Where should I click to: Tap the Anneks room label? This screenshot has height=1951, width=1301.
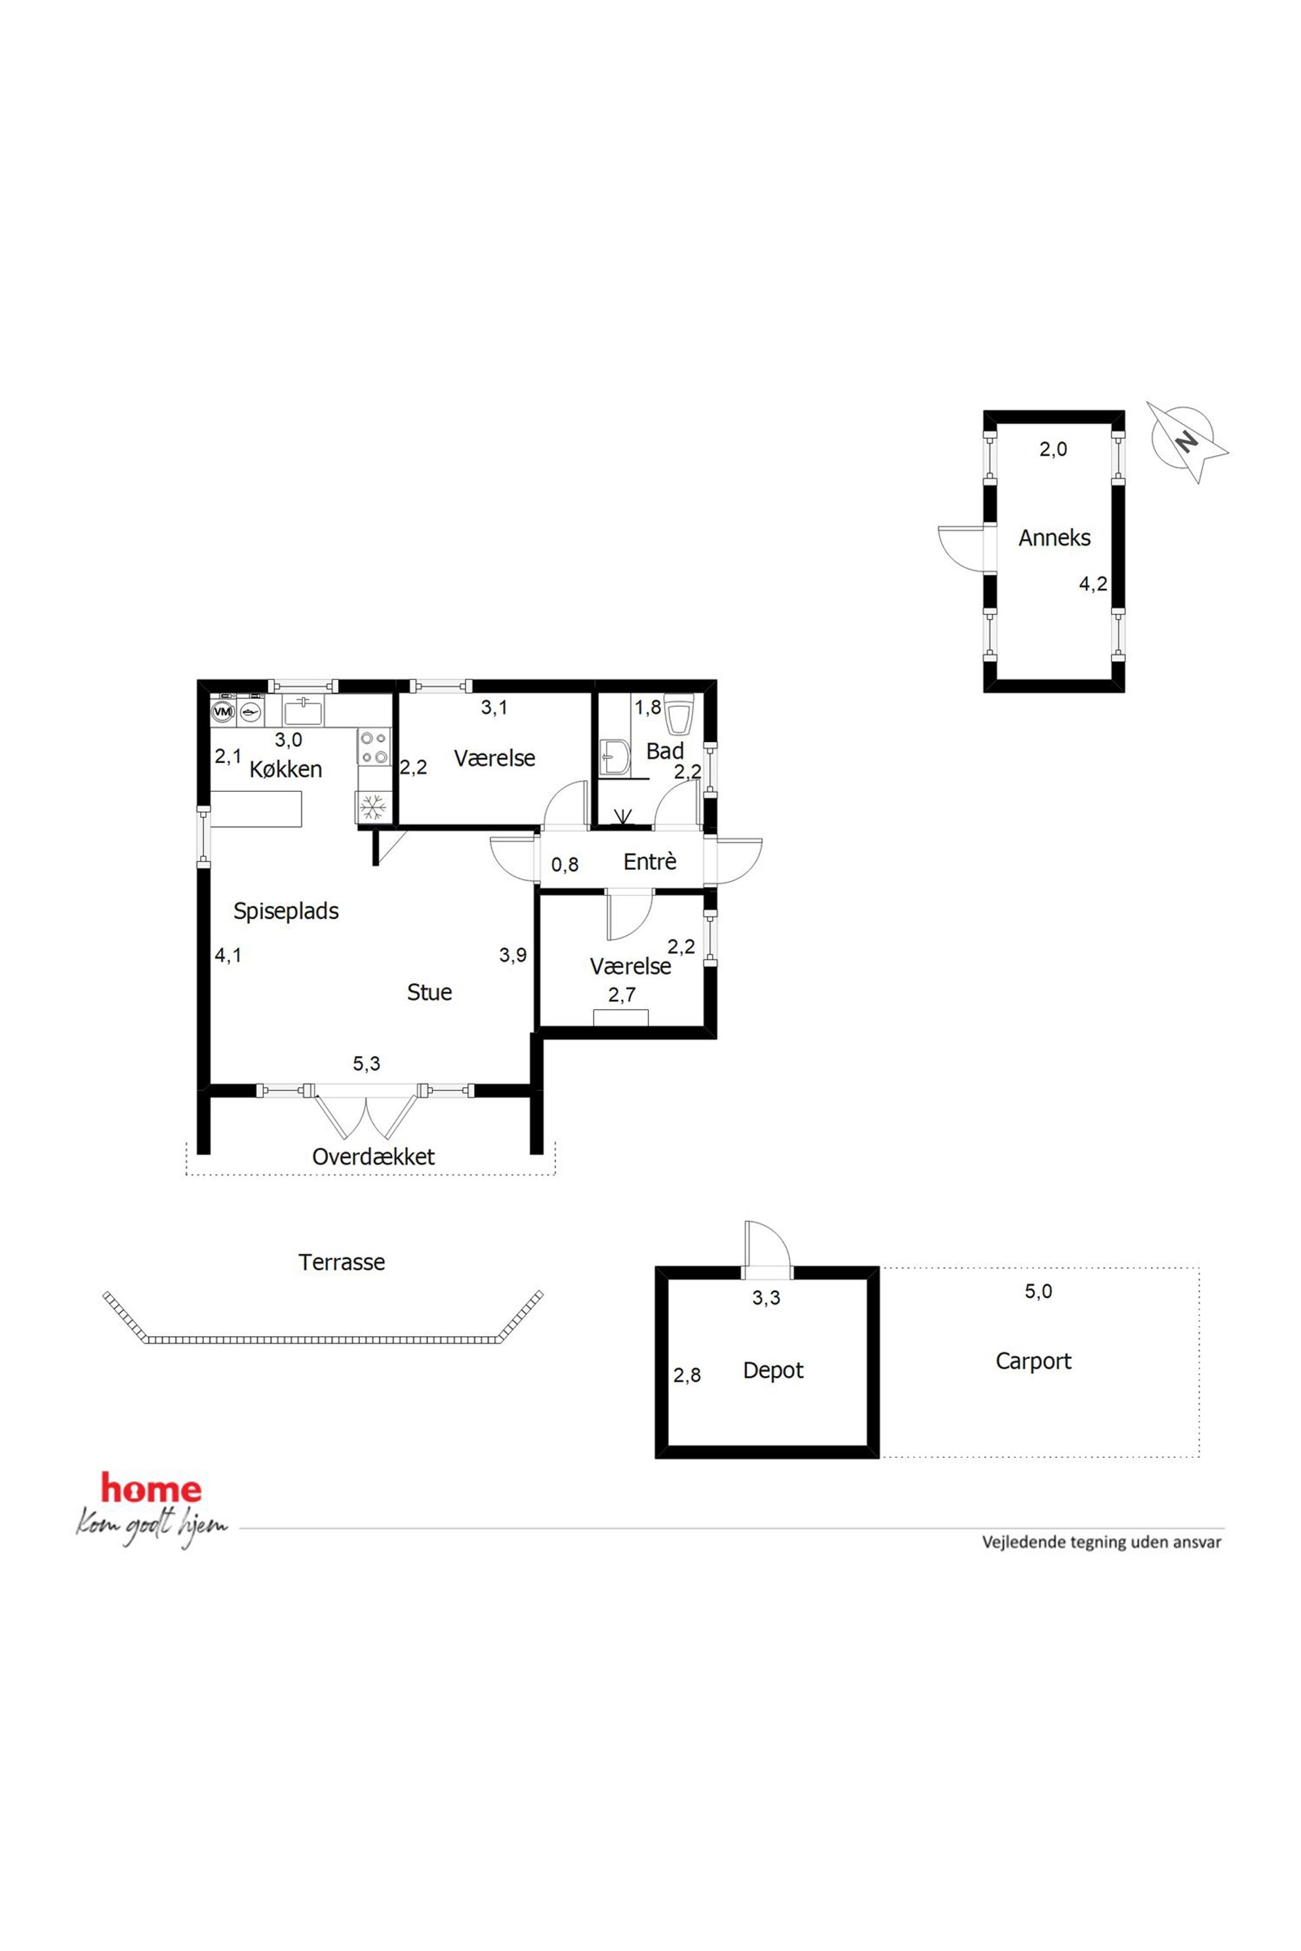[1054, 538]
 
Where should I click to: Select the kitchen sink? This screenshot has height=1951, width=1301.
[304, 711]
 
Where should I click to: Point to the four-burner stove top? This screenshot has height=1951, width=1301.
[374, 746]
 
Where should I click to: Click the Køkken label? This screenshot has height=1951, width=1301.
[285, 769]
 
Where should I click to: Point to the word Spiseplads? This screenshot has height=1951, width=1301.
[285, 911]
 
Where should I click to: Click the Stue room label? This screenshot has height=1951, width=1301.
[429, 992]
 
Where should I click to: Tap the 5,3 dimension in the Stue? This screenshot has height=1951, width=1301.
[366, 1063]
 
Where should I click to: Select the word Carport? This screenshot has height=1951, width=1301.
[1033, 1361]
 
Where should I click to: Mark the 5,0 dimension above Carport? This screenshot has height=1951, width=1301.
[1038, 1291]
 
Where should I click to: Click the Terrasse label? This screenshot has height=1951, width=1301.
[342, 1263]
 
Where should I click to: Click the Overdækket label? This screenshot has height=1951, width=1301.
[373, 1156]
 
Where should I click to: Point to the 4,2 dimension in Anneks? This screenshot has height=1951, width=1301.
[1092, 584]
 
